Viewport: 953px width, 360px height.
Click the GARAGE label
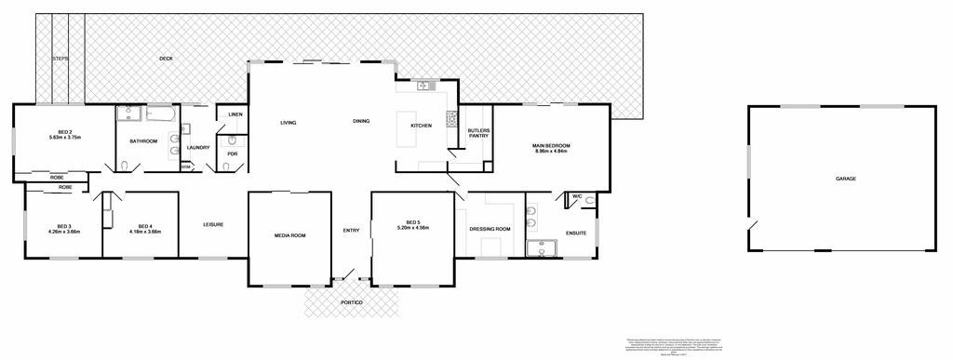tap(845, 179)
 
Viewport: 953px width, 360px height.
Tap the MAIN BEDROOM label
tap(551, 146)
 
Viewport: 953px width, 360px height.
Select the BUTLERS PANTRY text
tap(478, 133)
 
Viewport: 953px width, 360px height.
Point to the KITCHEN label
tap(422, 126)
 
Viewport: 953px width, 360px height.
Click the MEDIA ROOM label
tap(289, 235)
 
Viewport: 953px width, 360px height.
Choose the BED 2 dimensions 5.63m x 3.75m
tap(65, 138)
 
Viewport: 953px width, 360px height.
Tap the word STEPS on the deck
tap(60, 59)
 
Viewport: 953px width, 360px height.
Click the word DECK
tap(166, 59)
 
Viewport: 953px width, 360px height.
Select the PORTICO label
tap(351, 303)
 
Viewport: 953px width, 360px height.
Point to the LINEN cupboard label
tap(235, 115)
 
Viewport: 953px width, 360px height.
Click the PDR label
tap(233, 153)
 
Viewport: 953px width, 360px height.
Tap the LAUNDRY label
tap(197, 147)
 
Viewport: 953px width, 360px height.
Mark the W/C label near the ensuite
tap(577, 196)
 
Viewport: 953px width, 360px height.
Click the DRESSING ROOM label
tap(490, 229)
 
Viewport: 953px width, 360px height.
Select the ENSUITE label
tap(576, 233)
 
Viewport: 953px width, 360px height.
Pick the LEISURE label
tap(213, 224)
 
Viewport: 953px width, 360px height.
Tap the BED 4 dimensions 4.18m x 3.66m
tap(144, 232)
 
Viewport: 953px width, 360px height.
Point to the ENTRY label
tap(351, 231)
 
